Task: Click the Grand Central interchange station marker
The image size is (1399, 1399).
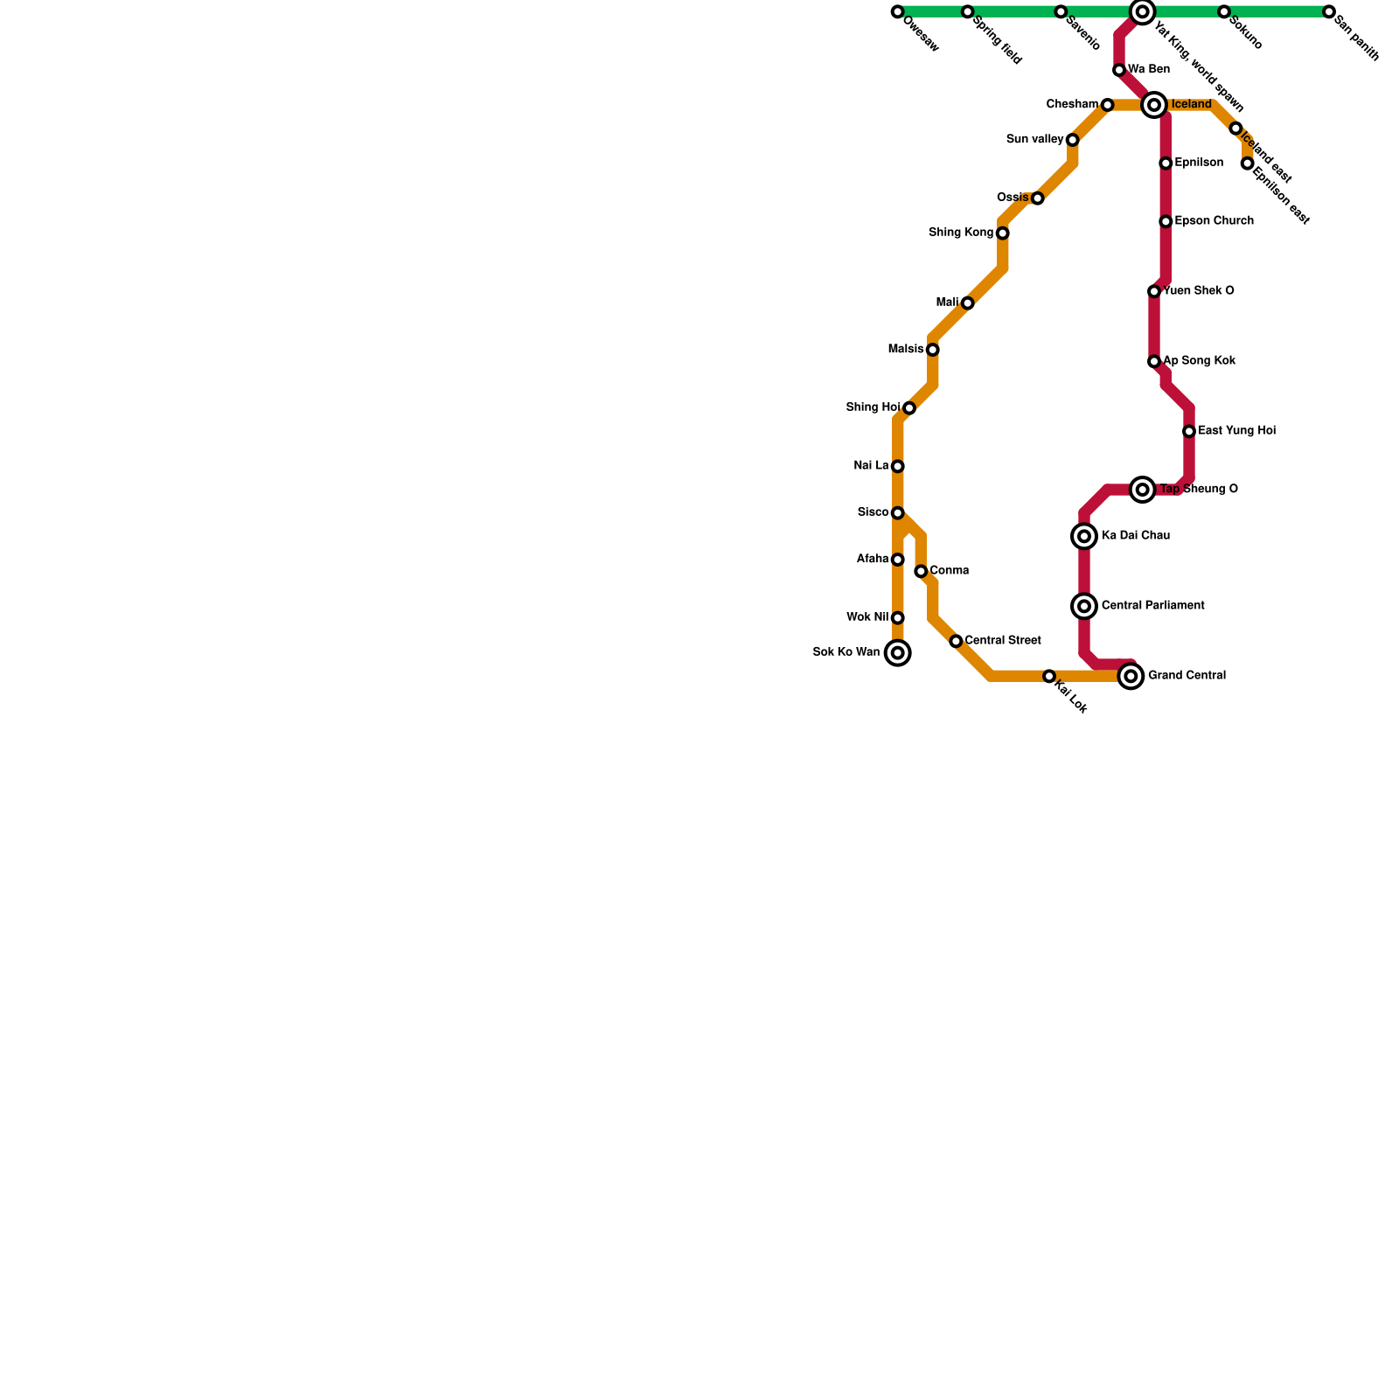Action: tap(1131, 676)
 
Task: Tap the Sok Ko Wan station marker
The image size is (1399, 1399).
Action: tap(897, 653)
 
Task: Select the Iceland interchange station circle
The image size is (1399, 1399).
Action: tap(1154, 105)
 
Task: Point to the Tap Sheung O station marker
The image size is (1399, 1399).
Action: tap(1142, 490)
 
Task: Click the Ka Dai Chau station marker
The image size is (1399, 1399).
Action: tap(1084, 536)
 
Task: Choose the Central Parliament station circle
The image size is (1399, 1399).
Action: tap(1084, 606)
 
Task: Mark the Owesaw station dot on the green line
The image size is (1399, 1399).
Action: tap(897, 12)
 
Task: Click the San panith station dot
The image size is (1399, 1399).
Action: tap(1329, 12)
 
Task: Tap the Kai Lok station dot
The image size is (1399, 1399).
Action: tap(1048, 677)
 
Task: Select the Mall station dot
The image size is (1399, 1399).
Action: tap(967, 303)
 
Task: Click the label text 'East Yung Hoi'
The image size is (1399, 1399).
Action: tap(1236, 431)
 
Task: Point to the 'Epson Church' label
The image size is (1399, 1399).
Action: tap(1214, 221)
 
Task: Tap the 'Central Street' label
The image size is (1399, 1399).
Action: tap(1002, 641)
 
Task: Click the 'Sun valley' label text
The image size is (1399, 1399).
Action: tap(1034, 139)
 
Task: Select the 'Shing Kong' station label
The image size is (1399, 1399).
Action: tap(961, 233)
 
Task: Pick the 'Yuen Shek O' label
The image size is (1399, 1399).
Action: tap(1198, 291)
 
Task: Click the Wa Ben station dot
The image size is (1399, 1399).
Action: tap(1119, 70)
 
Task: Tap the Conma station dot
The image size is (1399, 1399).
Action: tap(921, 572)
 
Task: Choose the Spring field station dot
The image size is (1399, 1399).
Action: tap(967, 12)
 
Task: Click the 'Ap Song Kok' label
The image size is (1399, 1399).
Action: tap(1199, 361)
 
